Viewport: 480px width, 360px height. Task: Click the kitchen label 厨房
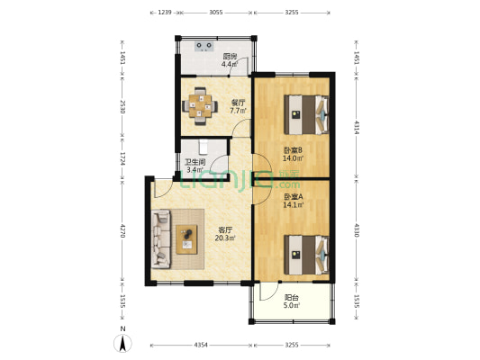click(x=230, y=57)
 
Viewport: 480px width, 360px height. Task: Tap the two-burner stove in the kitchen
click(x=204, y=46)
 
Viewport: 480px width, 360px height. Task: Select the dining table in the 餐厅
click(x=200, y=106)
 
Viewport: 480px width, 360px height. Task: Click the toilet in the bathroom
click(x=204, y=147)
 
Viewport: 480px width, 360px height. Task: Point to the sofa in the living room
click(x=161, y=238)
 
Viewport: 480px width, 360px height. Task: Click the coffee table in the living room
click(x=186, y=239)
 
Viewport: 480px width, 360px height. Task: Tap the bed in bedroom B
click(x=306, y=114)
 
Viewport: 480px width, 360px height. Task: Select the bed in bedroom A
click(x=306, y=255)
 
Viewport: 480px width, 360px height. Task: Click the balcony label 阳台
click(x=292, y=297)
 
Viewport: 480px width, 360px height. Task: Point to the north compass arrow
click(x=122, y=343)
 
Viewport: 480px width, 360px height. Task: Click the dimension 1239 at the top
click(x=165, y=13)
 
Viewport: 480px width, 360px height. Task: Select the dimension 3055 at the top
click(x=216, y=13)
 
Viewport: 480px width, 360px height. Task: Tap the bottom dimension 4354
click(x=201, y=345)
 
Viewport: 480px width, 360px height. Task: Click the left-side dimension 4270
click(x=122, y=231)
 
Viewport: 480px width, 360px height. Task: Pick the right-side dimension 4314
click(x=357, y=128)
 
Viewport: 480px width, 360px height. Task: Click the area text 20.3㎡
click(x=225, y=238)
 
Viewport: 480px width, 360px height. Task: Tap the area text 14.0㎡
click(x=294, y=158)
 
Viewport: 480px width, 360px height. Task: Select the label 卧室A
click(x=294, y=197)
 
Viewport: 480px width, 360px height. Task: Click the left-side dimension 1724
click(x=122, y=158)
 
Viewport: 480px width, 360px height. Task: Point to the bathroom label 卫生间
click(x=195, y=162)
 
